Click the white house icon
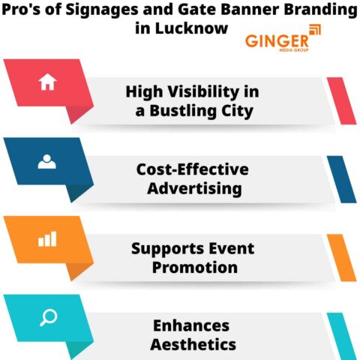click(47, 83)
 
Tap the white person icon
click(47, 160)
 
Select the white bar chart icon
click(47, 238)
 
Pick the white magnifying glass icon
click(47, 316)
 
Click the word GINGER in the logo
click(276, 40)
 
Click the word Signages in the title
click(100, 11)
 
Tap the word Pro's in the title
click(23, 11)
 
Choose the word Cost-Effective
click(192, 169)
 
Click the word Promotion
click(195, 266)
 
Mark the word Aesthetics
click(193, 345)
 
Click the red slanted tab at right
click(341, 100)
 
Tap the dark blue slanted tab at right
click(341, 178)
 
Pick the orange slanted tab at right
click(341, 256)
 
